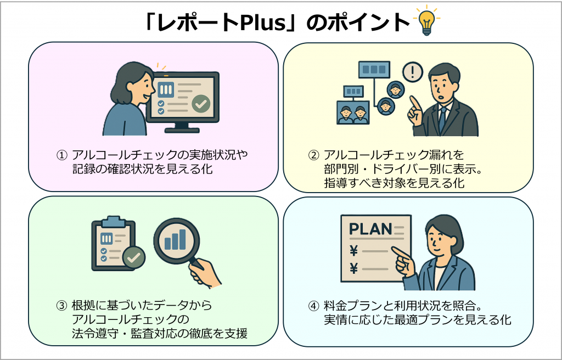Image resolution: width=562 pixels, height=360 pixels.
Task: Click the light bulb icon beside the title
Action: coord(426,21)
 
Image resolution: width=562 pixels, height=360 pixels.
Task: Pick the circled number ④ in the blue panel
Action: coord(313,305)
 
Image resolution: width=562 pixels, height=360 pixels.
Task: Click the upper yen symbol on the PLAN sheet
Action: coord(353,251)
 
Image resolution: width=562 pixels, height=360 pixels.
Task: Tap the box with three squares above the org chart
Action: coord(374,69)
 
